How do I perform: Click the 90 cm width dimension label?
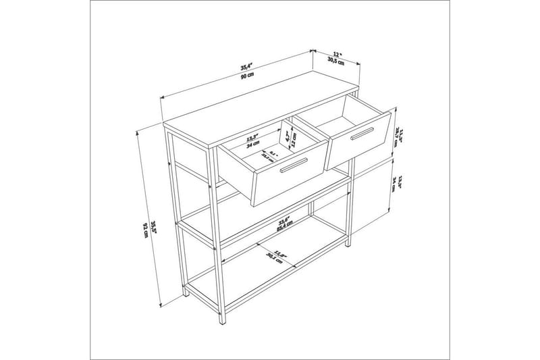click(x=247, y=76)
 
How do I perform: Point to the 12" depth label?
click(x=337, y=53)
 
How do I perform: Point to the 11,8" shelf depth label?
click(x=280, y=255)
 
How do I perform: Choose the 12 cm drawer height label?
click(x=294, y=138)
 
